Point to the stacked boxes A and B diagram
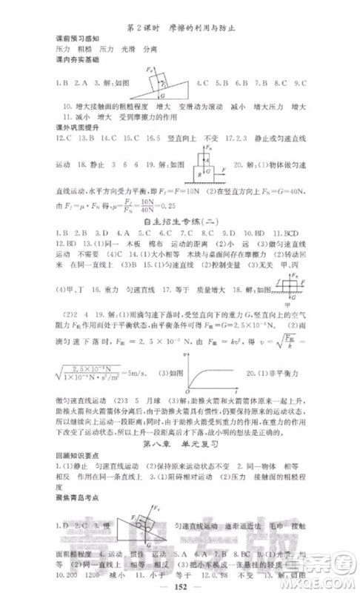tap(204, 162)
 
